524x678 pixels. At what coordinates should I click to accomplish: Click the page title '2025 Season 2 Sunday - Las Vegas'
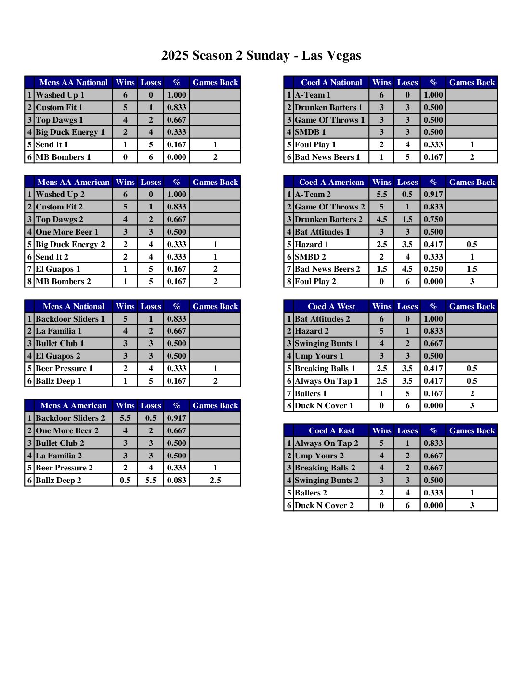[x=261, y=56]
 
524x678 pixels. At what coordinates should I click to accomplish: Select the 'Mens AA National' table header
[x=73, y=83]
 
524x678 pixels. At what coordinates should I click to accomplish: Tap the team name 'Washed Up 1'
[x=60, y=95]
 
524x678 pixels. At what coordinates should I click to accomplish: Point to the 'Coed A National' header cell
[x=331, y=83]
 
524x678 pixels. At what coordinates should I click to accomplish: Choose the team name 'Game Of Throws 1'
[x=329, y=120]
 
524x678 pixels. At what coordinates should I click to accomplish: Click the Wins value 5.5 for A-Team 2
[x=381, y=195]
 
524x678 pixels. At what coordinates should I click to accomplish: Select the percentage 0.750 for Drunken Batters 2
[x=433, y=220]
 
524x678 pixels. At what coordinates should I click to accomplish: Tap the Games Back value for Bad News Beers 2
[x=472, y=269]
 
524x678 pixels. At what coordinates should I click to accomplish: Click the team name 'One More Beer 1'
[x=67, y=232]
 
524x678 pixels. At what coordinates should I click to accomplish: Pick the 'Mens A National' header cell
[x=73, y=307]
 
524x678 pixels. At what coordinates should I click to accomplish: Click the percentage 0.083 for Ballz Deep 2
[x=176, y=481]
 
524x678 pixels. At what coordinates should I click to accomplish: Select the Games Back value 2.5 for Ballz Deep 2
[x=215, y=481]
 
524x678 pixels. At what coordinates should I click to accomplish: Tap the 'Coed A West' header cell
[x=331, y=307]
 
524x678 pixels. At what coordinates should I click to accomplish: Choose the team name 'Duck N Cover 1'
[x=324, y=406]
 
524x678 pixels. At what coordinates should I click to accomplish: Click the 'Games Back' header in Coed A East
[x=472, y=431]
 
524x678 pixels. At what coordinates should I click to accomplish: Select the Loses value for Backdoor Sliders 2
[x=151, y=418]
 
